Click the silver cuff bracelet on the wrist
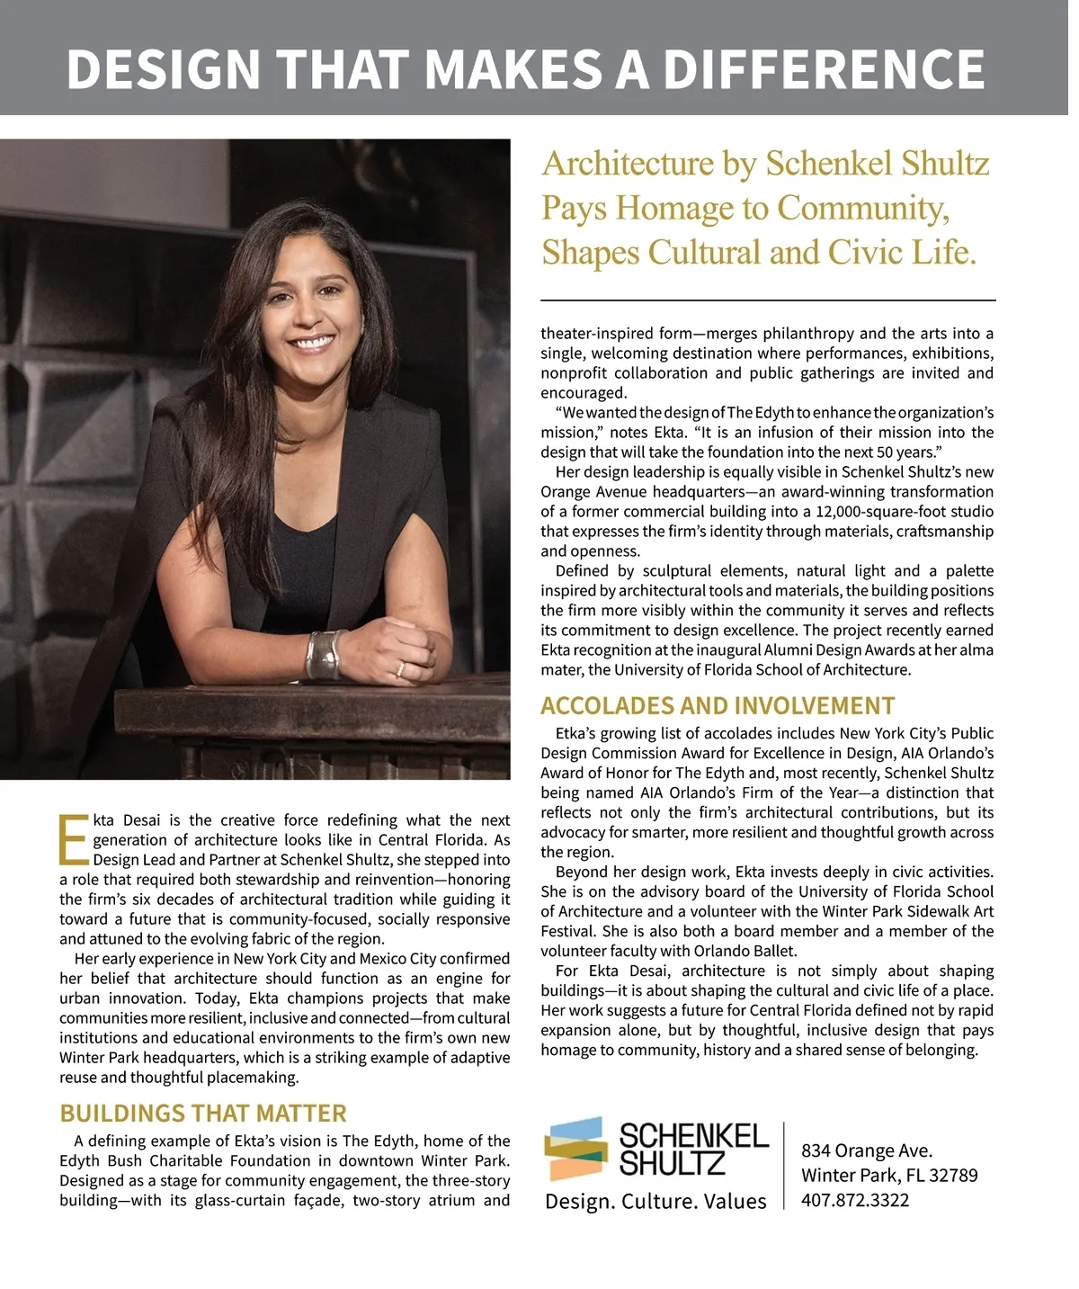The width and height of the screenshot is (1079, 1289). point(325,655)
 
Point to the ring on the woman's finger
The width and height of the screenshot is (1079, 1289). point(400,668)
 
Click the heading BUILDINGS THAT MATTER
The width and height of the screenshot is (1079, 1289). point(202,1113)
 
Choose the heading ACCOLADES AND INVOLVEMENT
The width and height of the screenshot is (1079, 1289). point(718,705)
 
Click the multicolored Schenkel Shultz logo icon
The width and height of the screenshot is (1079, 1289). point(575,1149)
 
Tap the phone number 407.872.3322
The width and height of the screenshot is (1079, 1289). point(855,1200)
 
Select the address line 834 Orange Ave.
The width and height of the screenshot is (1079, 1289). point(867,1150)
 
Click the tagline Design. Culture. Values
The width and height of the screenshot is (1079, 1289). point(655,1202)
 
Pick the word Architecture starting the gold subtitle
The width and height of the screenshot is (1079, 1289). point(627,164)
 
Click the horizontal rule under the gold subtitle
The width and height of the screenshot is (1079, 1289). point(768,300)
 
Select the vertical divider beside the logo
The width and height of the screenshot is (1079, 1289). point(784,1165)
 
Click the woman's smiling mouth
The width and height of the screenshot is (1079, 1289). point(313,342)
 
